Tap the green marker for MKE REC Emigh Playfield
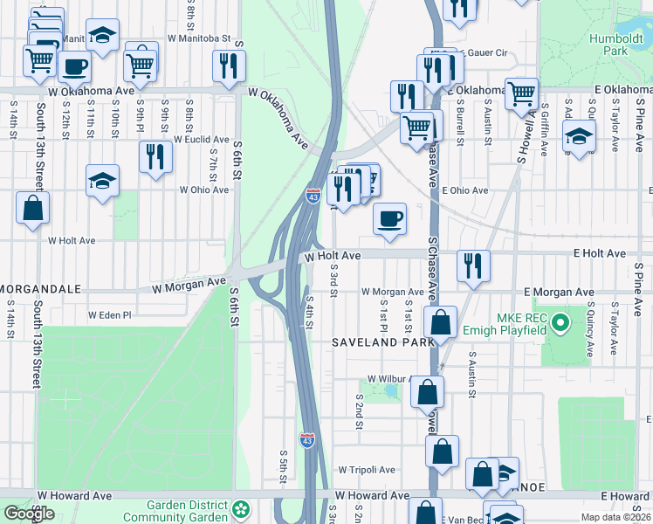point(562,325)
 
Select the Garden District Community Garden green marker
point(240,507)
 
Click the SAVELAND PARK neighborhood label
point(382,343)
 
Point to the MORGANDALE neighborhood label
point(41,288)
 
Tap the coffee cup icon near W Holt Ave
point(389,218)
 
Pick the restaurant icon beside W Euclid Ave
point(155,156)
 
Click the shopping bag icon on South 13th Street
point(32,207)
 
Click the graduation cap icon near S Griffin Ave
point(578,136)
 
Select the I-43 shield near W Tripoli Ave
point(307,440)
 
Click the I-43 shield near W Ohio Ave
point(312,196)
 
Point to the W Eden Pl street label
point(109,315)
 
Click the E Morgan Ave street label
point(559,292)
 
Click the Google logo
point(29,513)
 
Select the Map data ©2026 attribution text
point(615,517)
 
